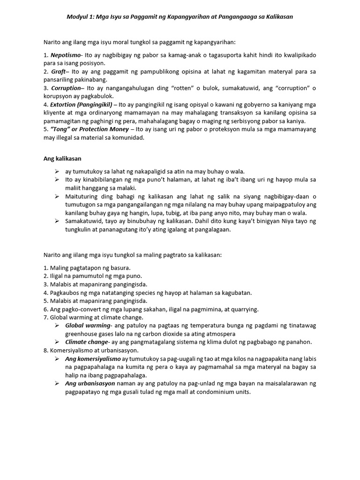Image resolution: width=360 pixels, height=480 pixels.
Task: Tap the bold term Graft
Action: (59, 72)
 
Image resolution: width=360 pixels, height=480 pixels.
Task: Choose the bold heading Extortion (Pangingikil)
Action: (80, 105)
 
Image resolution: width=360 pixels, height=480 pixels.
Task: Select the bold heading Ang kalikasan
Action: (63, 158)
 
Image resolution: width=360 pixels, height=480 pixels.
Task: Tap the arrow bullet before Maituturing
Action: (57, 196)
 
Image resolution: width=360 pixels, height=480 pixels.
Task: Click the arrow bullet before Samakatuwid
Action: (57, 221)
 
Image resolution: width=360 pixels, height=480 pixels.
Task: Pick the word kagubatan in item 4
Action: (237, 292)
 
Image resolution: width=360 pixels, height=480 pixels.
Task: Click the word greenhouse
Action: (82, 334)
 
